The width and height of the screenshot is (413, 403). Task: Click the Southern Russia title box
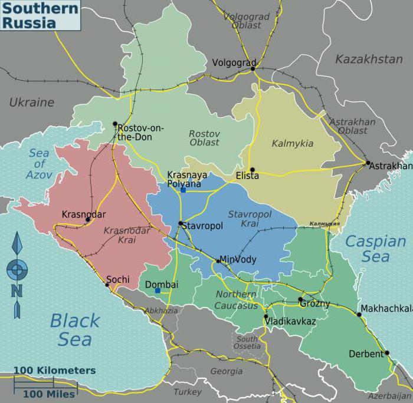click(x=40, y=15)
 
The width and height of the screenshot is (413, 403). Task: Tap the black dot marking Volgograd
click(x=253, y=68)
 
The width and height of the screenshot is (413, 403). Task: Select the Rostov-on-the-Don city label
click(x=140, y=133)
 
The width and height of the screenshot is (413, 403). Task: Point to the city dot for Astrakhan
click(x=368, y=163)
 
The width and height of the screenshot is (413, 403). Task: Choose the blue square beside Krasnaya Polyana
click(x=183, y=190)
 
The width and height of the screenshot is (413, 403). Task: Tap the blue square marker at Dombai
click(x=158, y=290)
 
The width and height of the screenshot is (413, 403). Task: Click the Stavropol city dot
click(x=181, y=223)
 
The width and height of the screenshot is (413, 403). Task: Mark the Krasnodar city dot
click(x=87, y=220)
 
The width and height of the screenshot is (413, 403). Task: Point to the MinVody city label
click(x=238, y=259)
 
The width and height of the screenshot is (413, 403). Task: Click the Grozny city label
click(x=314, y=304)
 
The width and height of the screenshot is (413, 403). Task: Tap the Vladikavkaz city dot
click(x=265, y=316)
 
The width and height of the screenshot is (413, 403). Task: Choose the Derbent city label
click(x=366, y=354)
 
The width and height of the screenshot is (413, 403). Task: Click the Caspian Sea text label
click(x=376, y=249)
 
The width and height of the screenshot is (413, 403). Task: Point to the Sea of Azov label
click(x=40, y=164)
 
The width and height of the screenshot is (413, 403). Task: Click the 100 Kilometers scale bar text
click(x=54, y=371)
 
